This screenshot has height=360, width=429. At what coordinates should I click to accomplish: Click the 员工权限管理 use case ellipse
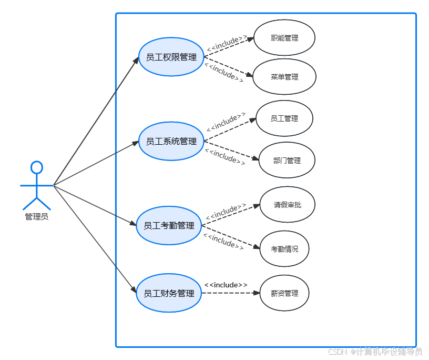(x=171, y=57)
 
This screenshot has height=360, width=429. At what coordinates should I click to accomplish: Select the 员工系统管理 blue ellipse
(x=171, y=141)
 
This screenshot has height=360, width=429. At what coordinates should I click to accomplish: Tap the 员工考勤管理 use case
(x=169, y=225)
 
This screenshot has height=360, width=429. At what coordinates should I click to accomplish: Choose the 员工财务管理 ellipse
(x=169, y=293)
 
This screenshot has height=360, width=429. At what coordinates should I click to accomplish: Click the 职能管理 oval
(x=284, y=38)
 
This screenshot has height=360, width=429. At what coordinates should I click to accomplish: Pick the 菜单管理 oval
(x=284, y=77)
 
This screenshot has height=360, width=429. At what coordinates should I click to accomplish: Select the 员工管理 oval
(x=284, y=118)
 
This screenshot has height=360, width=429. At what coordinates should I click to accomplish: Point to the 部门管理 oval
(x=287, y=161)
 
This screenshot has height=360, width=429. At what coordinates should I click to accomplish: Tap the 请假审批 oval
(x=288, y=205)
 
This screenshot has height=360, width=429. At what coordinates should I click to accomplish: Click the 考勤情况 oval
(x=284, y=248)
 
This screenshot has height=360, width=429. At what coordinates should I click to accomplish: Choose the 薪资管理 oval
(x=284, y=293)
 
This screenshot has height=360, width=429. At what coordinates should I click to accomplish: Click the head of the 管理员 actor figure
(x=36, y=167)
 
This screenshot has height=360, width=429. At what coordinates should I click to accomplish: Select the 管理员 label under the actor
(x=36, y=216)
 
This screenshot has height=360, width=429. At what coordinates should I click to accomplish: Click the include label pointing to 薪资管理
(x=226, y=285)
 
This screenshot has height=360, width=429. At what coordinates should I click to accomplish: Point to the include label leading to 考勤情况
(x=223, y=242)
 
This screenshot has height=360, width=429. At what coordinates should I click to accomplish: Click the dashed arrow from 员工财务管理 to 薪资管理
(x=231, y=293)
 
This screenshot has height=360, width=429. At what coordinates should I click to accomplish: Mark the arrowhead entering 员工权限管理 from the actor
(x=136, y=61)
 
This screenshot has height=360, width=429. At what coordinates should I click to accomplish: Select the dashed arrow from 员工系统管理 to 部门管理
(x=231, y=150)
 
